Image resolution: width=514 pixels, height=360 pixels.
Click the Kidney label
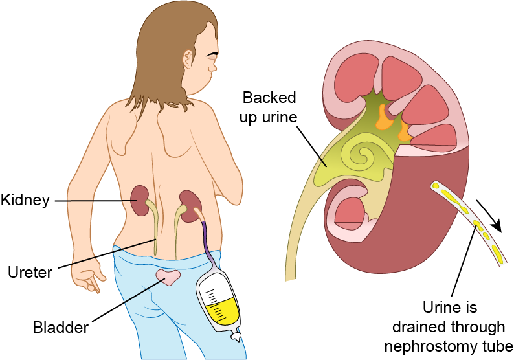point(25,200)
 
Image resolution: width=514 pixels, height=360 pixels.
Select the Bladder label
point(60,328)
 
